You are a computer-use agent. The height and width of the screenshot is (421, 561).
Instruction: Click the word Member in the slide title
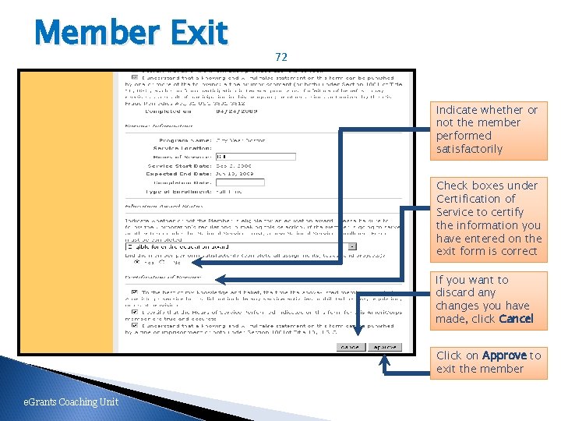97,33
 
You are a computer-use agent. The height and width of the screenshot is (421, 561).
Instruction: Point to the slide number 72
281,57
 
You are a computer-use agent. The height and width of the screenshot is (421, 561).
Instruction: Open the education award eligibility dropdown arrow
352,246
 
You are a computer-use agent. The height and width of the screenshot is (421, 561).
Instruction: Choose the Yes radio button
138,262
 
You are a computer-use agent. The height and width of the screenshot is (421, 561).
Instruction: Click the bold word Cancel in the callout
516,319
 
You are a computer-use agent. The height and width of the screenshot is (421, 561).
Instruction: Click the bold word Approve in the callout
504,356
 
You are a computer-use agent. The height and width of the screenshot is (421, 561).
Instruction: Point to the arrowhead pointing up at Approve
383,359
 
